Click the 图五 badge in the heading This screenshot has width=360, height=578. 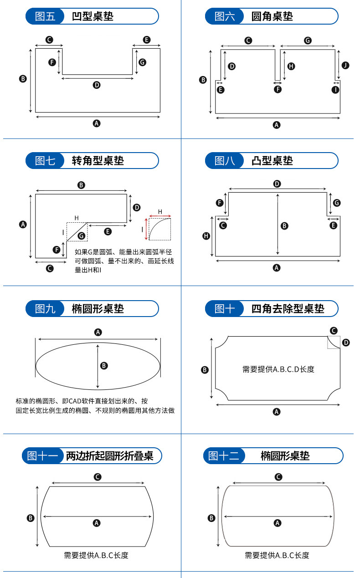point(45,16)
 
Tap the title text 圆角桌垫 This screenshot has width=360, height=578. point(272,16)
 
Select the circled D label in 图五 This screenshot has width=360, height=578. point(97,85)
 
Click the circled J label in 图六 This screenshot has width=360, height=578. point(345,65)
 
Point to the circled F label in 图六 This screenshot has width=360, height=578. point(278,89)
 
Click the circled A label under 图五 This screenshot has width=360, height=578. point(97,123)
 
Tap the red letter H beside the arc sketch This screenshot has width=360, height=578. point(160,212)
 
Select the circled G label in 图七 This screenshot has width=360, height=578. point(82,235)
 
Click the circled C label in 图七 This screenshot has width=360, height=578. point(50,269)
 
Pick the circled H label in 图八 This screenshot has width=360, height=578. point(206,236)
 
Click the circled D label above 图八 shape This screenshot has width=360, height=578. point(277,184)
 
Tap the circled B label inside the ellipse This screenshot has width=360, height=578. point(104,366)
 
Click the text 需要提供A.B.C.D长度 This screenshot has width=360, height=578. point(278,369)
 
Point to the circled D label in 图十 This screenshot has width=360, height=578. point(346,343)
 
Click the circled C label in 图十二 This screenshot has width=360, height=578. point(278,477)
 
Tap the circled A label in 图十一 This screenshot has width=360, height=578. point(97,523)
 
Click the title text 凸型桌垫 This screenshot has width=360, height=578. point(272,161)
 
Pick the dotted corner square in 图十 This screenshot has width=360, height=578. point(334,336)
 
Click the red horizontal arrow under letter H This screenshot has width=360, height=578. point(160,216)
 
